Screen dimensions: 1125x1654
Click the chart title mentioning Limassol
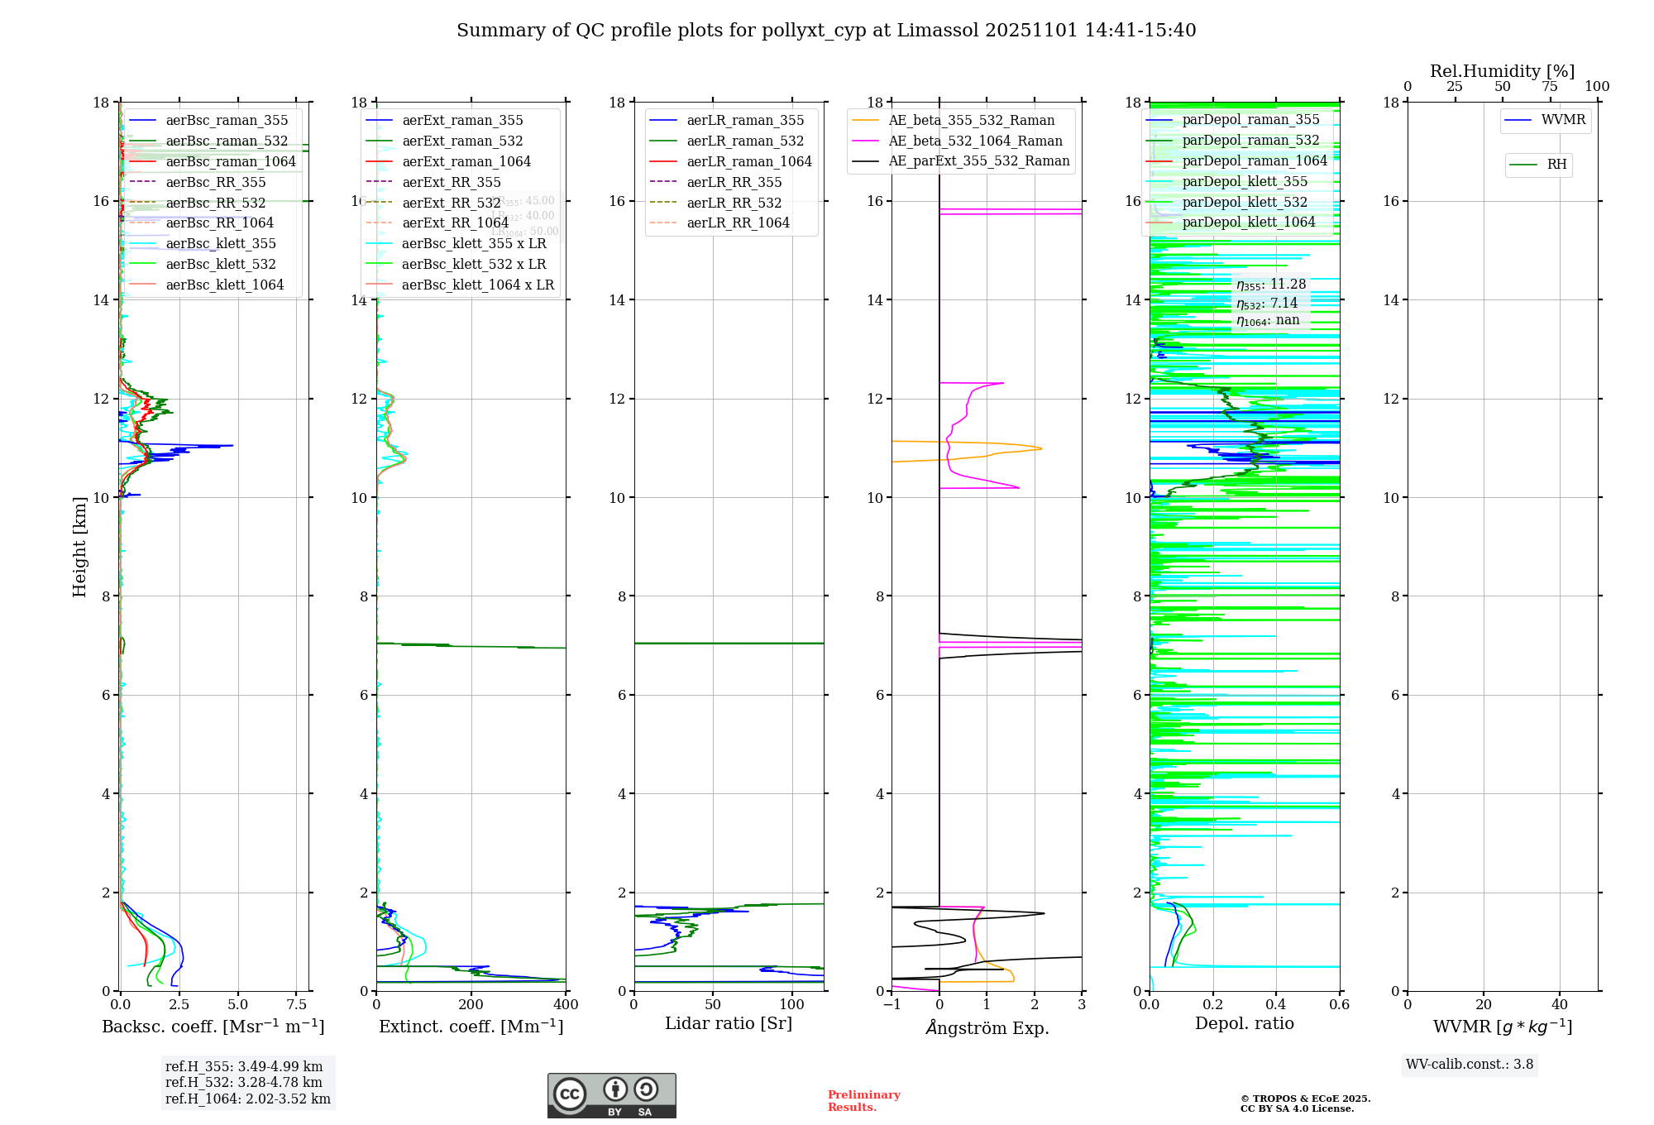826,31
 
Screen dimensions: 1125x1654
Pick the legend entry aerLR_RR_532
734,203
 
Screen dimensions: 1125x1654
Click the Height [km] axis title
79,546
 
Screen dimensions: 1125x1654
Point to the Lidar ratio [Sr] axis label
728,1023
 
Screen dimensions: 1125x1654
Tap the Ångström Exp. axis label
987,1027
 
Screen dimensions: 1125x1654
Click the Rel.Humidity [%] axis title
1502,71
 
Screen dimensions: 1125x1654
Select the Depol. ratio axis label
1244,1023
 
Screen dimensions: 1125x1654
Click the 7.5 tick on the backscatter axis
297,1005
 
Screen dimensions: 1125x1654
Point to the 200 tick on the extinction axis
471,1005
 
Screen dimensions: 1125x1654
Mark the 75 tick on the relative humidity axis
1549,87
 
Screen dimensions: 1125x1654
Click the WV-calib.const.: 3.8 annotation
1469,1064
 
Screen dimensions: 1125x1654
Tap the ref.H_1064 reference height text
247,1099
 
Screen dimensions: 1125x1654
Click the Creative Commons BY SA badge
611,1096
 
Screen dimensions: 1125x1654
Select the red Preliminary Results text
863,1100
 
